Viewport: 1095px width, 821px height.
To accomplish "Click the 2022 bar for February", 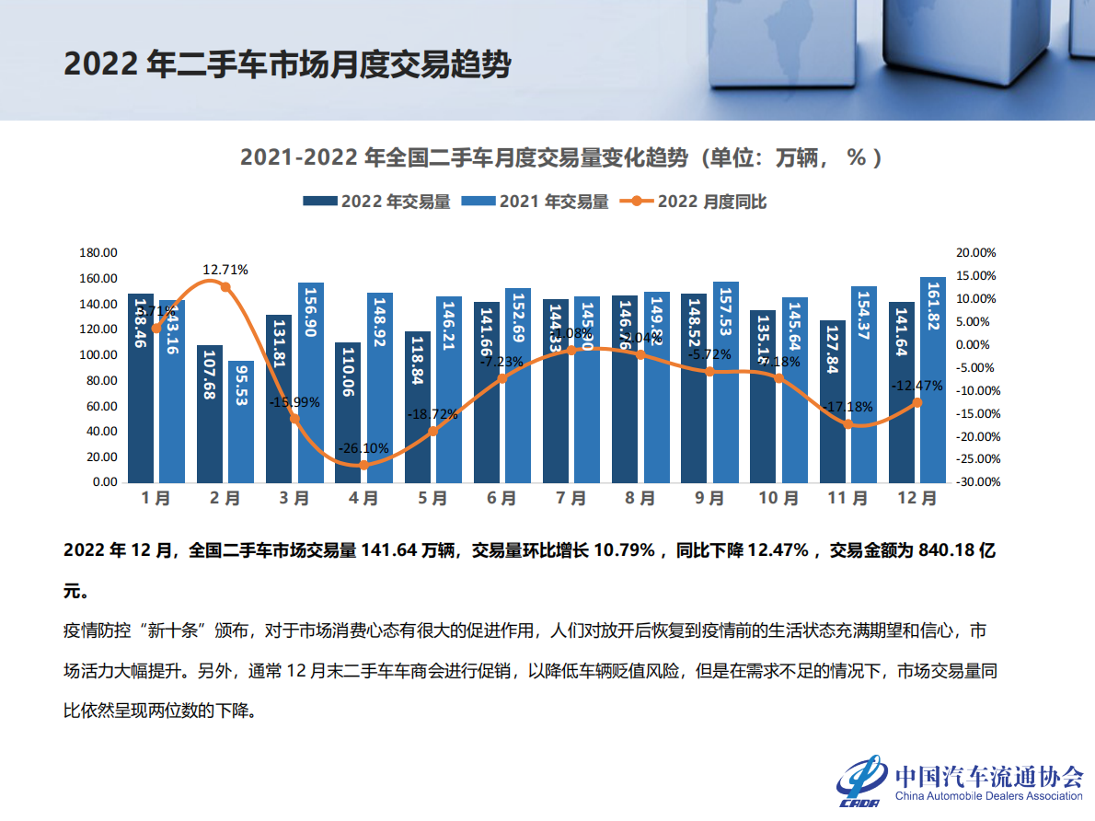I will [210, 413].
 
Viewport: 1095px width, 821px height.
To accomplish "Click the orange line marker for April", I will [363, 465].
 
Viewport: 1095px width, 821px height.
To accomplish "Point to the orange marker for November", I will [848, 424].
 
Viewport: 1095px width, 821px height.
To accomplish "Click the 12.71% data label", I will [225, 270].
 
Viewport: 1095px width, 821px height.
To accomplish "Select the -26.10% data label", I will [363, 448].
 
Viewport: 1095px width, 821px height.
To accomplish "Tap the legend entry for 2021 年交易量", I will [535, 202].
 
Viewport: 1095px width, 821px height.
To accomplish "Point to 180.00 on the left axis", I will [98, 253].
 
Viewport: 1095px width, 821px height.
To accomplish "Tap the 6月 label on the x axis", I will [501, 499].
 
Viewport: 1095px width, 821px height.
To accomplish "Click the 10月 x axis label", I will [778, 499].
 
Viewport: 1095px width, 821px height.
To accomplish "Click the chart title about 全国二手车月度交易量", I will [561, 157].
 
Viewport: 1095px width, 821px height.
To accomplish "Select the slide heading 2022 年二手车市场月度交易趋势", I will [287, 64].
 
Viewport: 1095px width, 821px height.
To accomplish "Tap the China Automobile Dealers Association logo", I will [961, 782].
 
